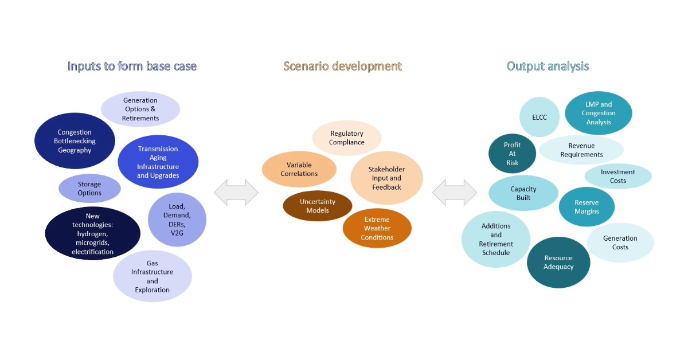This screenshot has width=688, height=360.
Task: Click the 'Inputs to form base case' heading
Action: click(132, 66)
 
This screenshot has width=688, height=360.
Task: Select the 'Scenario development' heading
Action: click(342, 66)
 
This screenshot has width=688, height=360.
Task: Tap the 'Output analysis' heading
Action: click(548, 66)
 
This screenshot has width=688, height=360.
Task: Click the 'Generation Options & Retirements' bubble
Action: click(140, 109)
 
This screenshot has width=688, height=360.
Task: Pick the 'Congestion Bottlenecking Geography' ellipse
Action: click(75, 141)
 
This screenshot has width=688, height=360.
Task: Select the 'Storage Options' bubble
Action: click(89, 189)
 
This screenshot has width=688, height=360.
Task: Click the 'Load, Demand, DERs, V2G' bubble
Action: click(177, 220)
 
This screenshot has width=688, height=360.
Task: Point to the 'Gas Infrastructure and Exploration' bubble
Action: click(153, 276)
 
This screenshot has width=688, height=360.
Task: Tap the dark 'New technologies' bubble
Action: click(92, 233)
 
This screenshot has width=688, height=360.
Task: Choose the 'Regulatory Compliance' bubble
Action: click(346, 138)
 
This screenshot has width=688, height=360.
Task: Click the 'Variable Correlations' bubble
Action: click(299, 169)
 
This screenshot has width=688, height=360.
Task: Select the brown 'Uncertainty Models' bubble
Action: click(317, 206)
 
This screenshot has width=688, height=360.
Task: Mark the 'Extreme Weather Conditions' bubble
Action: click(377, 228)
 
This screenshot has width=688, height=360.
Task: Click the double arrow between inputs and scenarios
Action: click(236, 192)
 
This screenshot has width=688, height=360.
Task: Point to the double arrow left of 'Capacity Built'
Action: click(454, 192)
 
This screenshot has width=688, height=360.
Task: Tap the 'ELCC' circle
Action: click(540, 117)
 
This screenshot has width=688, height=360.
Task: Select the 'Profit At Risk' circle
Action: click(512, 154)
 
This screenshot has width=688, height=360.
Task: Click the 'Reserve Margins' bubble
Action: click(587, 207)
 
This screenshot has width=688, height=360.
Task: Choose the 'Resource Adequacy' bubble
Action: click(558, 262)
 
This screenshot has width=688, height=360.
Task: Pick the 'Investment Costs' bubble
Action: click(617, 176)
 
